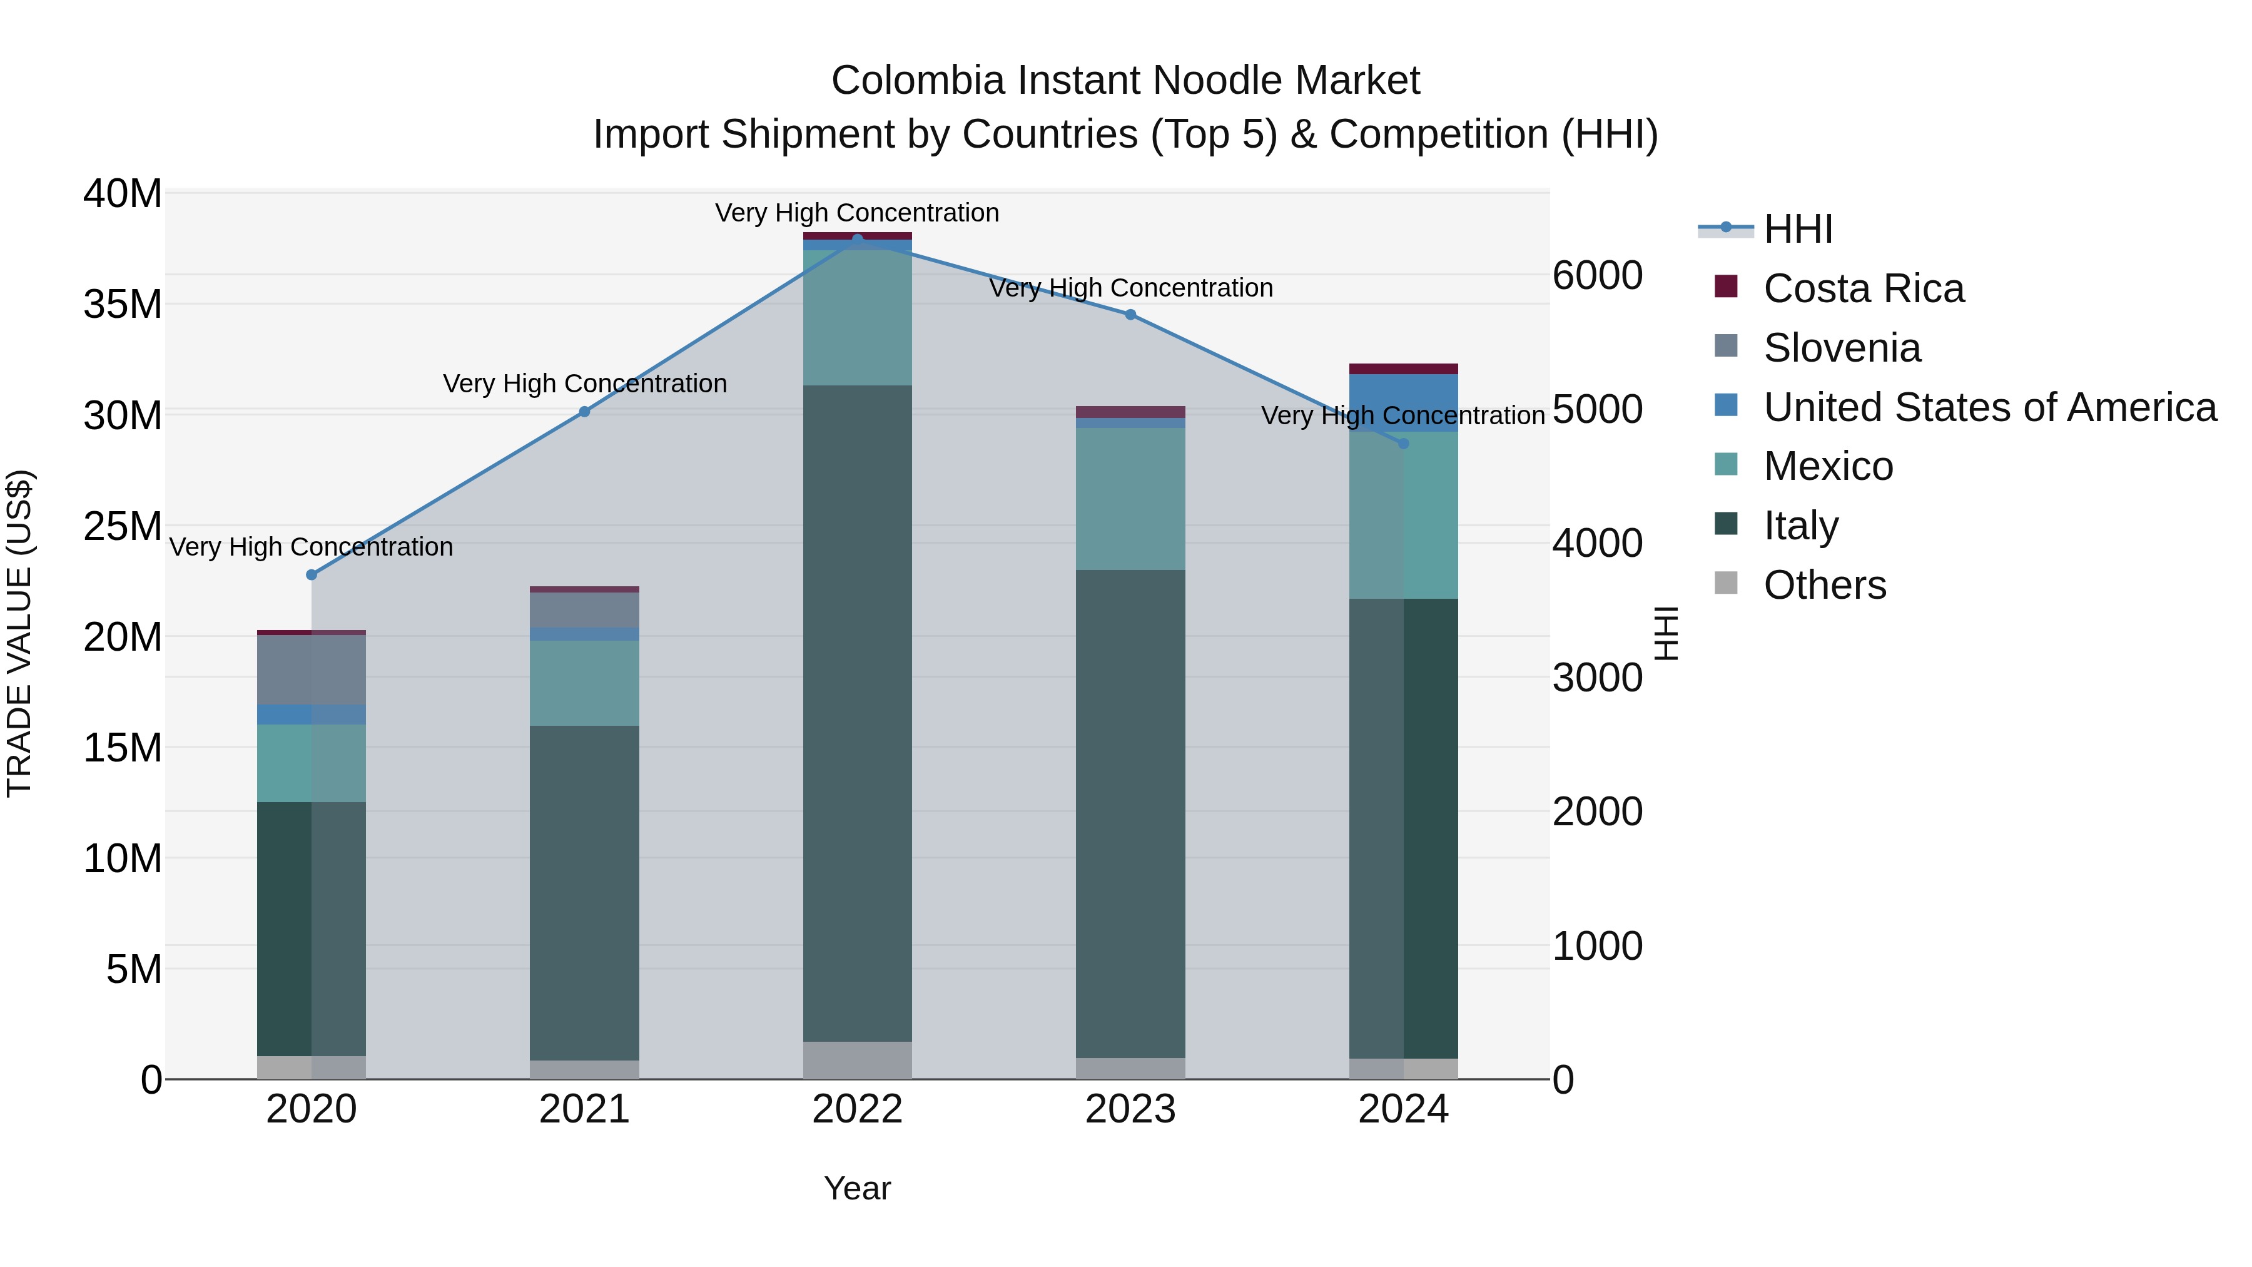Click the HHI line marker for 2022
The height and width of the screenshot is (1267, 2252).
(x=858, y=239)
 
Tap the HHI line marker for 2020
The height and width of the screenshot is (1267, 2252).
(x=312, y=574)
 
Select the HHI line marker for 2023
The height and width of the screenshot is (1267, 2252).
(x=1130, y=315)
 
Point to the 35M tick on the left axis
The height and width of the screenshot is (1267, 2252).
(x=123, y=304)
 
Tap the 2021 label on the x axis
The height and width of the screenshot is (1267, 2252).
(x=584, y=1109)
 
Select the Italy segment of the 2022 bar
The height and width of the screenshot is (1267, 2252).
(x=858, y=713)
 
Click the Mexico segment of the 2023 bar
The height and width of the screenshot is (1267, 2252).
(x=1130, y=499)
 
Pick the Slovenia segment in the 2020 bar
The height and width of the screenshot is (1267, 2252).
(x=312, y=669)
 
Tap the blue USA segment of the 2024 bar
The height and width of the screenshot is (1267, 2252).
(x=1403, y=402)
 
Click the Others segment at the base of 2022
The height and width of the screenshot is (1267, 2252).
(x=858, y=1060)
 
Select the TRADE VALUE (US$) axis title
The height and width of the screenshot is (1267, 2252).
(x=19, y=633)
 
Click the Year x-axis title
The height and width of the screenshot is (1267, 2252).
(x=857, y=1188)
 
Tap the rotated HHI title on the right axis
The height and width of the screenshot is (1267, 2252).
(x=1666, y=633)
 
